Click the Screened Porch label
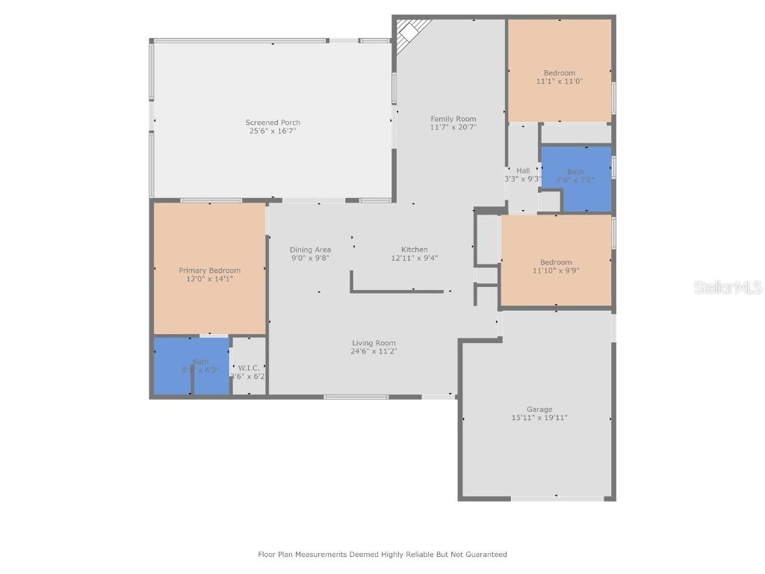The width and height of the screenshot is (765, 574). pos(273,123)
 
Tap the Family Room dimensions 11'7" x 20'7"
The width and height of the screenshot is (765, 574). pos(453,127)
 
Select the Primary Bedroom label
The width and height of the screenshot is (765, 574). pos(209,271)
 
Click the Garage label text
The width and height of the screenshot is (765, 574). pos(539,409)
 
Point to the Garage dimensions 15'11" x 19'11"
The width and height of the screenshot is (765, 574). pos(539,418)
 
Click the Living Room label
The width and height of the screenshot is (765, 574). pos(374,343)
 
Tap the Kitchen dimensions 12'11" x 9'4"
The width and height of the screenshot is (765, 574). pos(414,258)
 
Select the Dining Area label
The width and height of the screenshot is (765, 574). pos(310,250)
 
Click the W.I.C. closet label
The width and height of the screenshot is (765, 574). pos(248,368)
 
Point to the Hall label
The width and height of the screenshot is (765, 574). pos(523,170)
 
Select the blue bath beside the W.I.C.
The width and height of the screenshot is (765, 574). pos(191,365)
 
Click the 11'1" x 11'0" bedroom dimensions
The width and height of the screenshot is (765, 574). pos(559,81)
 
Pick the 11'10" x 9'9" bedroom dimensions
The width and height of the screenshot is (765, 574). pos(556,271)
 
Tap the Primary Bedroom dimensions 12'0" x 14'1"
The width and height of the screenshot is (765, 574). pos(209,279)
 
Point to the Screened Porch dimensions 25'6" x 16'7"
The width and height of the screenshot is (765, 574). pos(273,131)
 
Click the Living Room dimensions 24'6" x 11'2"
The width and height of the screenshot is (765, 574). pos(374,351)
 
